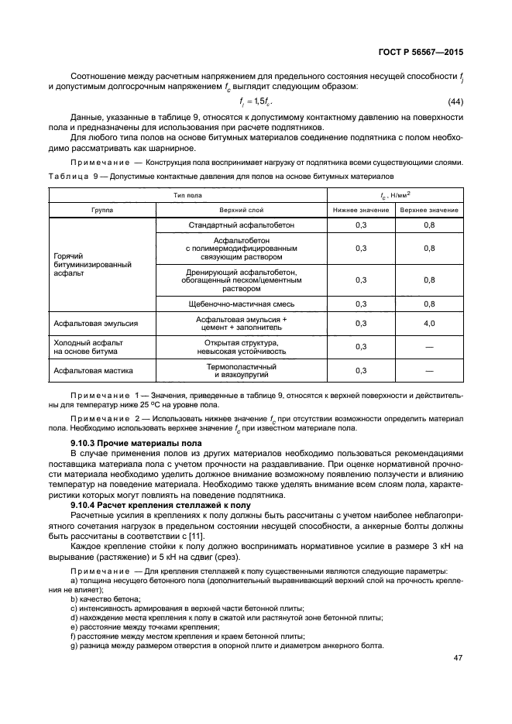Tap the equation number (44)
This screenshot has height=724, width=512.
pos(456,102)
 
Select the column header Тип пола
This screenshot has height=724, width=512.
pos(187,195)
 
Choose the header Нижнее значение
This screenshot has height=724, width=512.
pos(361,210)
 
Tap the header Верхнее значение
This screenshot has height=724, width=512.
pos(429,210)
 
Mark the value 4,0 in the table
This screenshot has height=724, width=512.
pos(429,324)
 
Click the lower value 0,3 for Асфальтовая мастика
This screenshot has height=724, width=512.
pos(361,370)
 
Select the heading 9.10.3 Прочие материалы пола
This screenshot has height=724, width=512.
pos(136,442)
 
